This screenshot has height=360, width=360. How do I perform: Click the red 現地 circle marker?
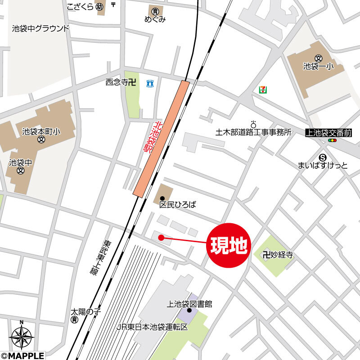point(228,246)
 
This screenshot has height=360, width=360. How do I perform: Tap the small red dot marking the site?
point(160,237)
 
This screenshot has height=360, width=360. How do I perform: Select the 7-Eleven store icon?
point(262,90)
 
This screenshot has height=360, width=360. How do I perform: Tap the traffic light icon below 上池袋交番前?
point(332,141)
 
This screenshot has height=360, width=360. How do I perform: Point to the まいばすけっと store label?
point(323,166)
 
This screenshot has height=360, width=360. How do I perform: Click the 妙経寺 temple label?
point(278,255)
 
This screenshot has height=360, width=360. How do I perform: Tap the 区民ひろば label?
point(178,204)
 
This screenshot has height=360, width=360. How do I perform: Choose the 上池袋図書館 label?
point(189,304)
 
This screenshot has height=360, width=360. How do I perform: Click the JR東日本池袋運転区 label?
point(152,327)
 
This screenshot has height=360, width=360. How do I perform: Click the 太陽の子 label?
point(85,312)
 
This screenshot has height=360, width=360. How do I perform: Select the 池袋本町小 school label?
point(41,132)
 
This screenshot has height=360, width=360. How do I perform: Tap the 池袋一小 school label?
point(318,66)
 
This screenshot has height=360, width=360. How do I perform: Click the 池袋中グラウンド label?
point(41,29)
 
